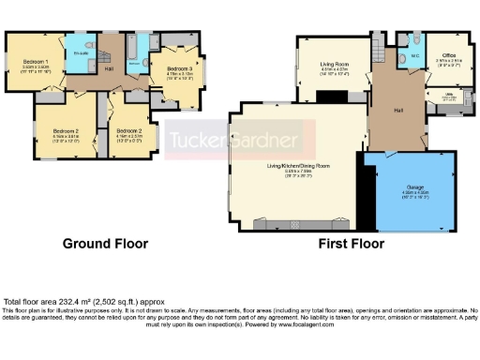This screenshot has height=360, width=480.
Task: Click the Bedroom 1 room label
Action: click(x=36, y=63)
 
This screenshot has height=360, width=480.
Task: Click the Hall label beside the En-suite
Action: click(x=109, y=67)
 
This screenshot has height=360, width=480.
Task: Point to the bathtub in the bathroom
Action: click(x=135, y=43)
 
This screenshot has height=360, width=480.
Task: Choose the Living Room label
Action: click(x=335, y=64)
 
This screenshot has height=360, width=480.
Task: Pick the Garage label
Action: click(x=413, y=187)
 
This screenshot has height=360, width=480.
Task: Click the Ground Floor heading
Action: click(x=105, y=244)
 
